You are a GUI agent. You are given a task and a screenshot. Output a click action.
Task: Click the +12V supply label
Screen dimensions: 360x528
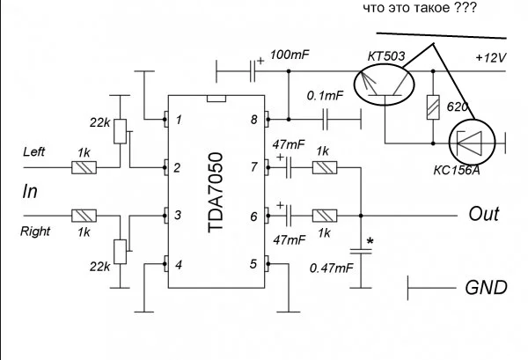coord(491,57)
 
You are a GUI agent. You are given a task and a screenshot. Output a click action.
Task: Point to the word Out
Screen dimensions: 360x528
coord(484,214)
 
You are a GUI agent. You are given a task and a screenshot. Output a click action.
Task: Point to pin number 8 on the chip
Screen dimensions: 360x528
coord(253,118)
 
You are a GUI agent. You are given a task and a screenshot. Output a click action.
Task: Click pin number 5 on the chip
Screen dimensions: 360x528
coord(253,263)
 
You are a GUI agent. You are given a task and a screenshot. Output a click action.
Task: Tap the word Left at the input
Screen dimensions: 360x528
coord(34,151)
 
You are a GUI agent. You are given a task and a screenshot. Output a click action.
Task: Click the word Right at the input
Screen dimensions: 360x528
coord(36,232)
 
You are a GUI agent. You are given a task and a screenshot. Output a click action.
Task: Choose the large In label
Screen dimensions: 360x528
coord(32,191)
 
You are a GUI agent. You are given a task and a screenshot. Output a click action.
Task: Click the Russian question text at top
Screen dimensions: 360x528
coord(413,10)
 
